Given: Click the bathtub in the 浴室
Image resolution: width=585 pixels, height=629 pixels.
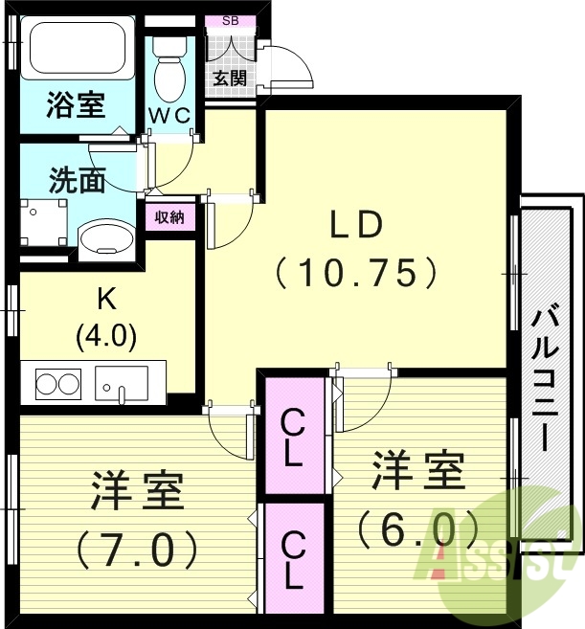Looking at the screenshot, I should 80,53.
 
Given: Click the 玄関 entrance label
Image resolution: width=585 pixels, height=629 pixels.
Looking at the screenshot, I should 230,78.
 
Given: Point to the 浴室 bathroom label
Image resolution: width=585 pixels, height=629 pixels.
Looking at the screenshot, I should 76,105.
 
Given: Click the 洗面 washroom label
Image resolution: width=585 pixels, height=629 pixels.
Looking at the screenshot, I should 78,180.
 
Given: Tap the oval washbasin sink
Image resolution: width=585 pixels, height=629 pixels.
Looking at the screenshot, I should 103,238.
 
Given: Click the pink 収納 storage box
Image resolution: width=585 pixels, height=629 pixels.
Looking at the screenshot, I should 169,217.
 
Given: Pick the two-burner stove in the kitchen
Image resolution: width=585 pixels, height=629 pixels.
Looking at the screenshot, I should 57,385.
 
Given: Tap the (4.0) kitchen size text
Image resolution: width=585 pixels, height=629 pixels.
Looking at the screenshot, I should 105,335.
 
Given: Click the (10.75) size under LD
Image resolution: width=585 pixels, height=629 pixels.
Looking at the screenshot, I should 356,274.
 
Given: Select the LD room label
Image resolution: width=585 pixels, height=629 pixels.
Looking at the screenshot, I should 356,225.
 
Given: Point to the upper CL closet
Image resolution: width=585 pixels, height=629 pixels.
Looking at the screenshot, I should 293,437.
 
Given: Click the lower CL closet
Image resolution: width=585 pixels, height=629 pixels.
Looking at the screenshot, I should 293,559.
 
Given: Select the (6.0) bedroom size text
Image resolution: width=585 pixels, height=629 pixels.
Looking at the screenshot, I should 417,526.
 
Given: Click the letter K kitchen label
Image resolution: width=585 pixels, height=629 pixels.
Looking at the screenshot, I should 105,301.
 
